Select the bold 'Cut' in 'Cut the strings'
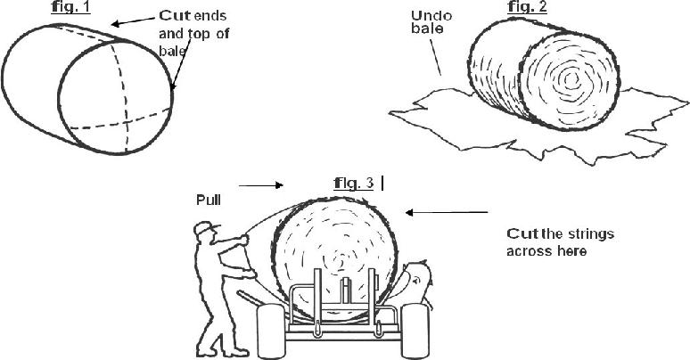(523, 233)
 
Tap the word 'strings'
(588, 233)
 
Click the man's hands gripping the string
(243, 241)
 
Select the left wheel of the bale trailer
(269, 330)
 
